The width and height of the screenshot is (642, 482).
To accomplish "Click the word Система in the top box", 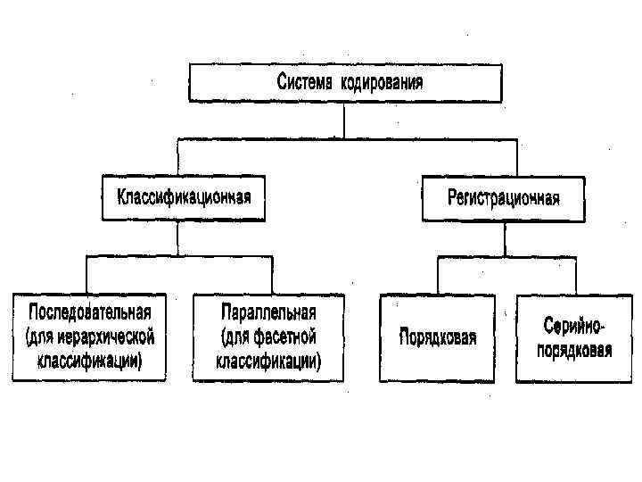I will pyautogui.click(x=304, y=84).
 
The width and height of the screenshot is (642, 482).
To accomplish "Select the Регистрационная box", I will pyautogui.click(x=503, y=197).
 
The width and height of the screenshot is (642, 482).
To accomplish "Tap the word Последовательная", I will pyautogui.click(x=91, y=314).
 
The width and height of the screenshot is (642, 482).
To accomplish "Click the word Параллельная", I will pyautogui.click(x=268, y=314).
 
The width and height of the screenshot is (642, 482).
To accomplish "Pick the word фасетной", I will pyautogui.click(x=283, y=337).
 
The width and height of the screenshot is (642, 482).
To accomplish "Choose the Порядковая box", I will pyautogui.click(x=437, y=338).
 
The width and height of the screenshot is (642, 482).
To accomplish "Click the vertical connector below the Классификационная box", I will pyautogui.click(x=177, y=238).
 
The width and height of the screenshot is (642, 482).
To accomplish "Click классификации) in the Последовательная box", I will pyautogui.click(x=91, y=361).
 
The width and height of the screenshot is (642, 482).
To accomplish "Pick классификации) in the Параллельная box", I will pyautogui.click(x=268, y=361).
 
